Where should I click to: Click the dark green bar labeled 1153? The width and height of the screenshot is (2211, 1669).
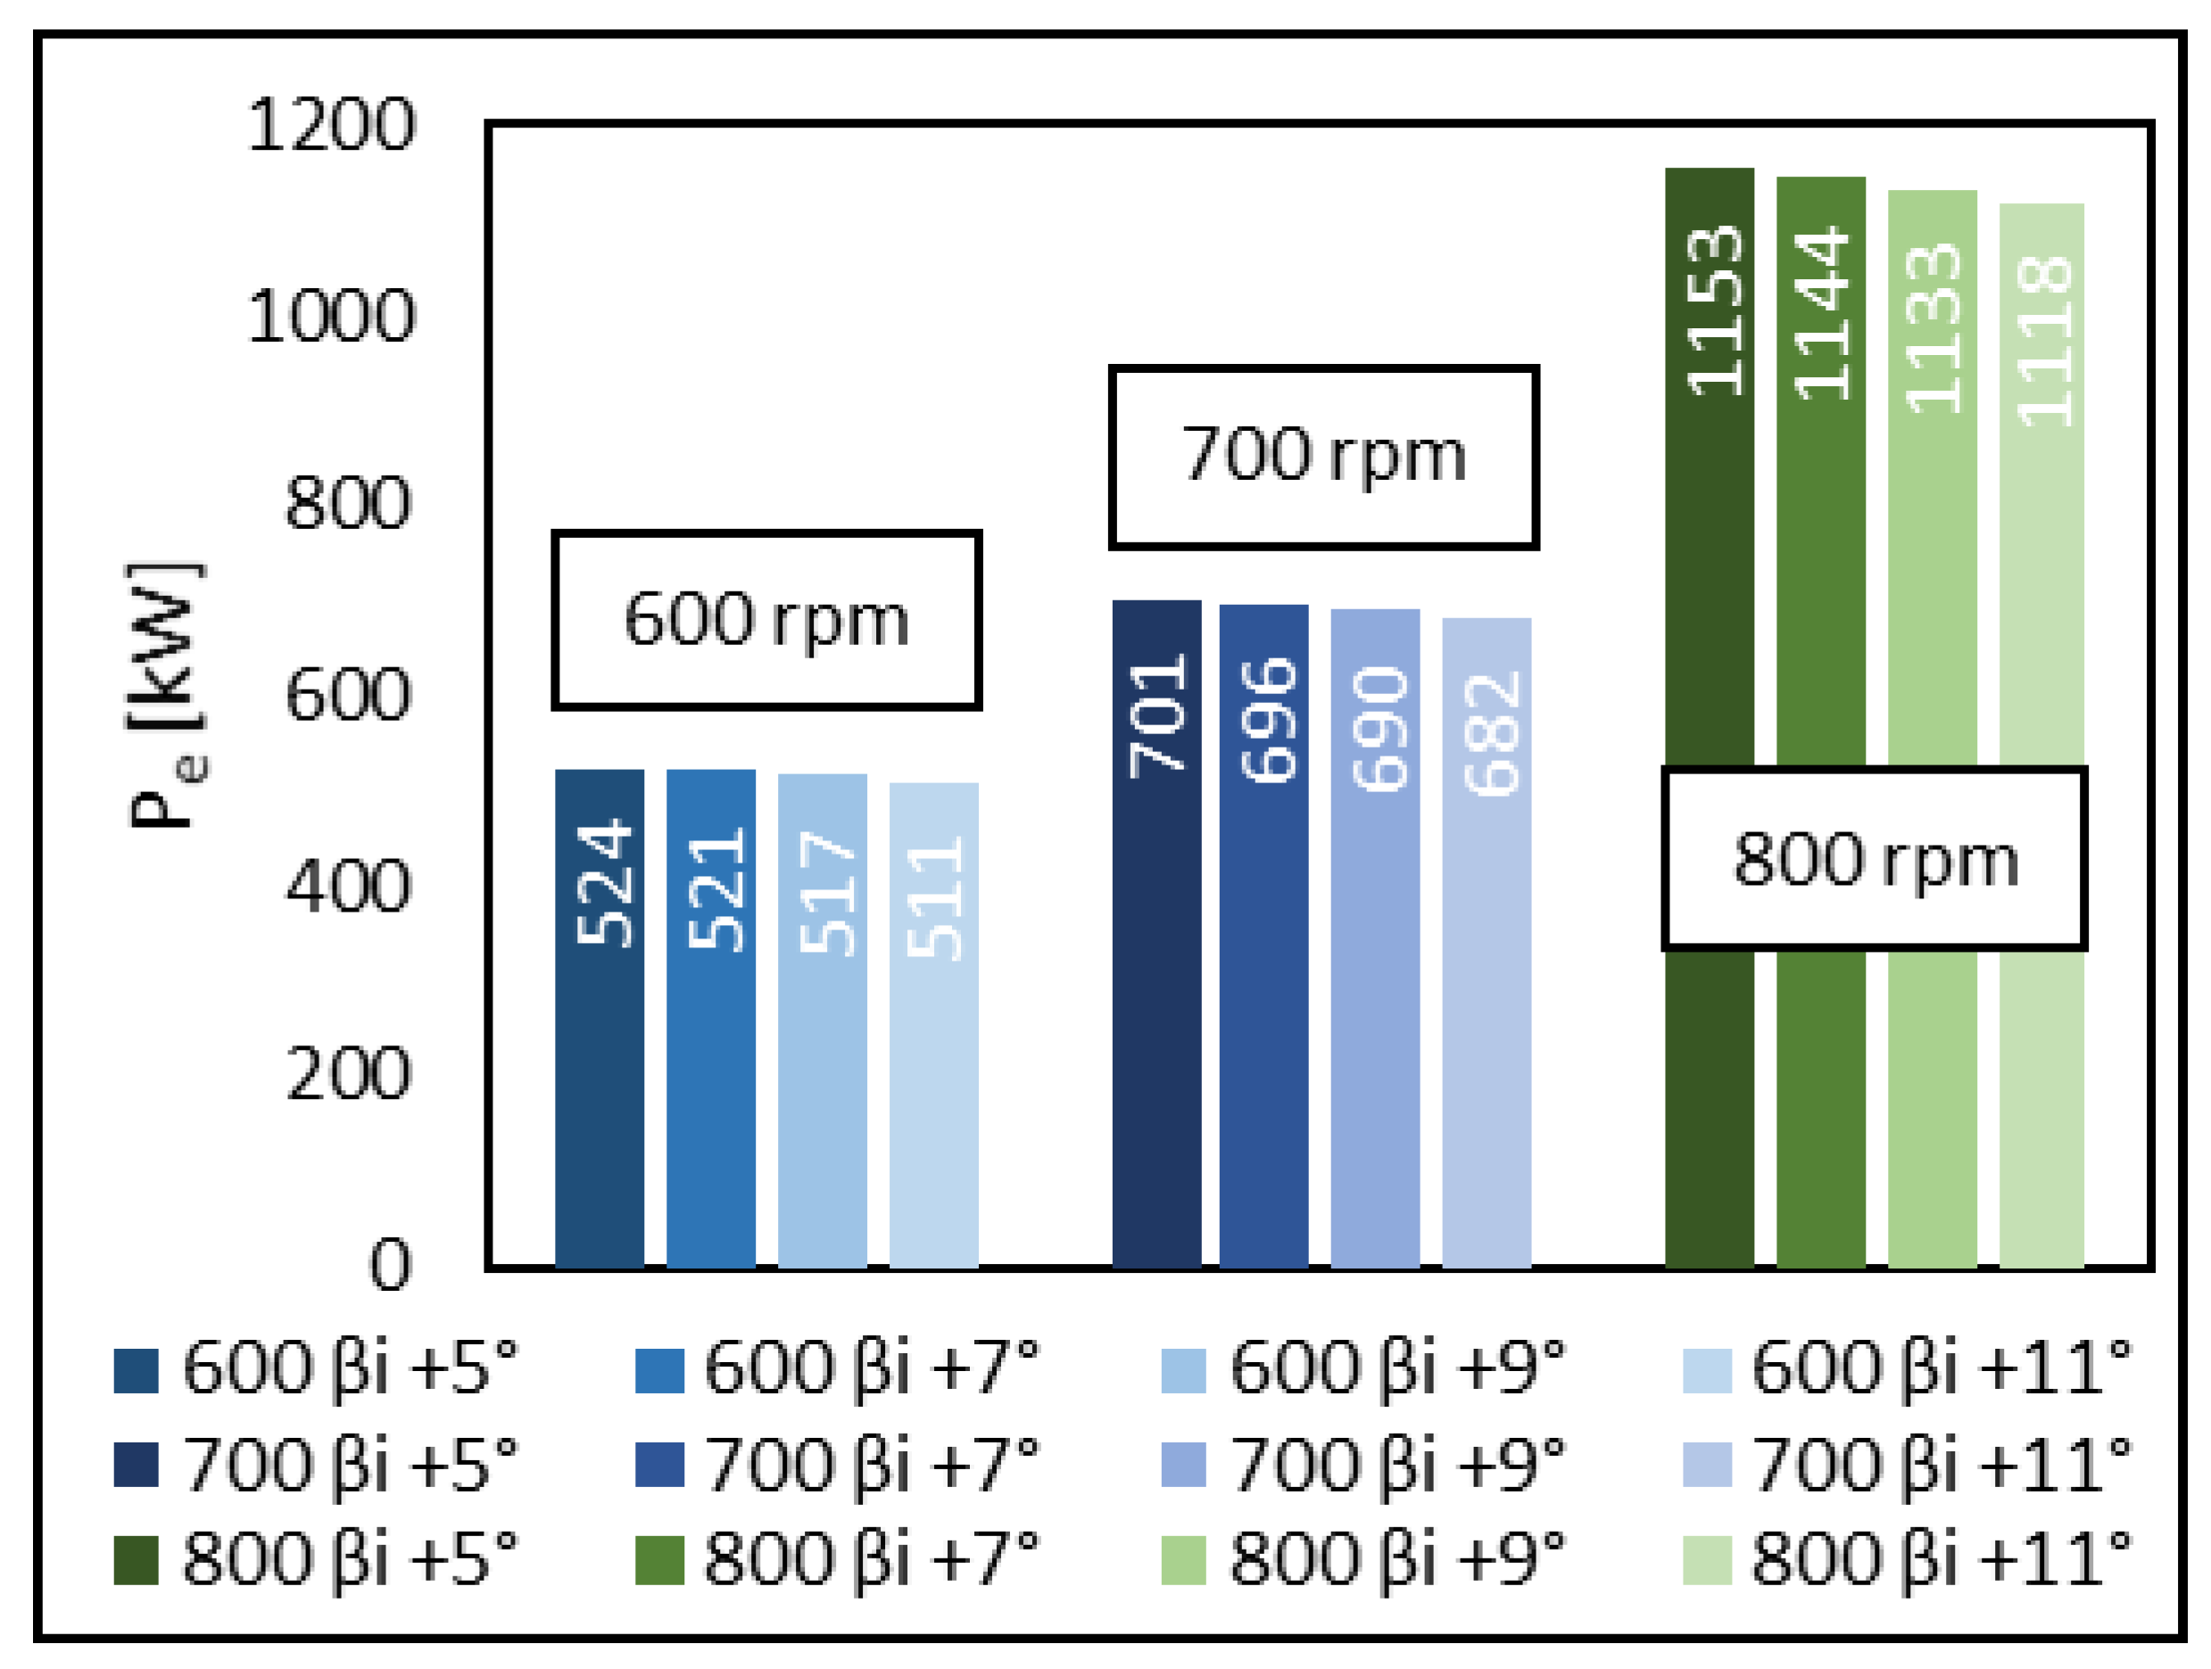[x=1710, y=599]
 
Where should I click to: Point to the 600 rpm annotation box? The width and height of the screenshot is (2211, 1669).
[x=766, y=621]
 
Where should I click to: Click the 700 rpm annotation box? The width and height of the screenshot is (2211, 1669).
[x=1323, y=457]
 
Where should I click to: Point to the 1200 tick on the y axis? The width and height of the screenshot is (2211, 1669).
[x=331, y=126]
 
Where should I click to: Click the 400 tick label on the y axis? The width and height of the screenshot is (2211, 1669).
[x=348, y=886]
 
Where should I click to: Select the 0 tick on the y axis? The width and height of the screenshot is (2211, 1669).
[x=390, y=1265]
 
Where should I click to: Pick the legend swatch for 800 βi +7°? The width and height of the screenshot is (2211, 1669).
[x=659, y=1560]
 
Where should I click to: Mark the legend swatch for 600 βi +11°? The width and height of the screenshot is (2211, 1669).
[x=1707, y=1370]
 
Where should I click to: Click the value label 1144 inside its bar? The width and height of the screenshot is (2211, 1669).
[x=1821, y=313]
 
